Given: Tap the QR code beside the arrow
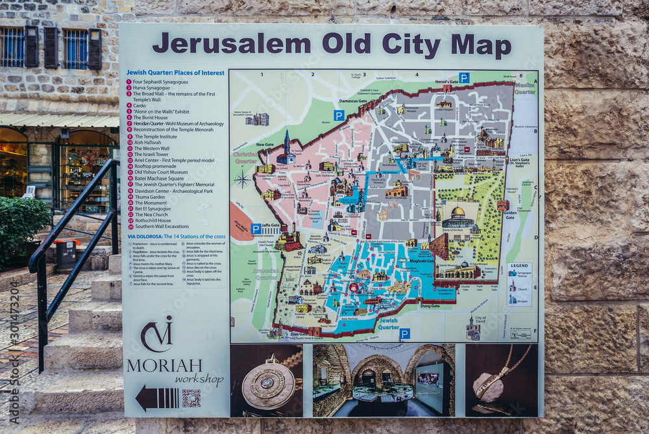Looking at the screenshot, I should [x=191, y=398].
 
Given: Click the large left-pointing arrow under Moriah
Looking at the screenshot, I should [x=156, y=398].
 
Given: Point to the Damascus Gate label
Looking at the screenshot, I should [x=353, y=101].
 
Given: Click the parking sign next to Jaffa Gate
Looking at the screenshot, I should [x=256, y=229].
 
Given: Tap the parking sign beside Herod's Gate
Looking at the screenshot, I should [x=464, y=78].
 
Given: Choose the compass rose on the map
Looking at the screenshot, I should [x=242, y=179].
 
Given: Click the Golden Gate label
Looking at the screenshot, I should [x=509, y=215].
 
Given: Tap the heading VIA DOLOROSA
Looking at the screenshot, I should [x=144, y=236].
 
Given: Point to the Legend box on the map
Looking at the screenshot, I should [x=519, y=285].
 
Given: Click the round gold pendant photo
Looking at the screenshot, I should [x=267, y=381].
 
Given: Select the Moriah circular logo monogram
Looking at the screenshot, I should [x=157, y=334].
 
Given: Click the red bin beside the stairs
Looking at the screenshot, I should [x=66, y=254].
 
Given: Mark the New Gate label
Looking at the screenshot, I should [x=265, y=145].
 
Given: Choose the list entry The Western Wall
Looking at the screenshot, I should [x=152, y=148].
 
